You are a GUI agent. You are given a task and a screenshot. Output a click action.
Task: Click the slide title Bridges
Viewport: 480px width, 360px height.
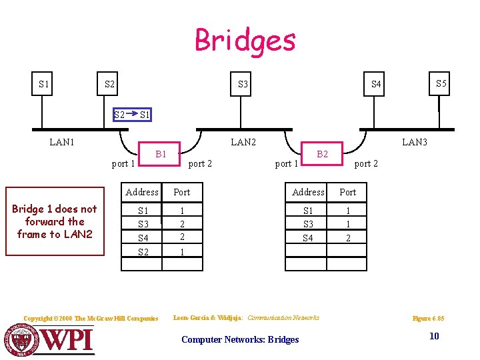[x=245, y=40]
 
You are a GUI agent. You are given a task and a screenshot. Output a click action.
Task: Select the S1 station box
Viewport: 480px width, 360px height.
[x=44, y=84]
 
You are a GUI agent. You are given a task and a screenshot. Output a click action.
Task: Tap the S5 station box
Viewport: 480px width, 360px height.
[x=441, y=84]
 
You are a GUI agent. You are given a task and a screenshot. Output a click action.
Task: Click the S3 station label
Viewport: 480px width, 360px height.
[x=243, y=85]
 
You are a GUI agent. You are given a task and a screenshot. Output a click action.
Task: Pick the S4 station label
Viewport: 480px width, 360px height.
[x=376, y=85]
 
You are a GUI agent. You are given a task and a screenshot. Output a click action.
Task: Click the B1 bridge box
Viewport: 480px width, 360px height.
[x=161, y=155]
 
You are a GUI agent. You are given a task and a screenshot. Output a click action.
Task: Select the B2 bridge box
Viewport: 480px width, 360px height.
[x=323, y=155]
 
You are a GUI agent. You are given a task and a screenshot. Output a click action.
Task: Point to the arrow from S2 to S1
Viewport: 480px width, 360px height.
[x=131, y=115]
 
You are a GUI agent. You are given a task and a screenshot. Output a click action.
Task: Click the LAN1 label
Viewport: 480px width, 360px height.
[x=62, y=142]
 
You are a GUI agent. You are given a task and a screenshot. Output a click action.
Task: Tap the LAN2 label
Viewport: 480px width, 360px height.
[x=243, y=142]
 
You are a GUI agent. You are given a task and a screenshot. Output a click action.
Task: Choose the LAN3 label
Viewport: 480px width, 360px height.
[x=414, y=142]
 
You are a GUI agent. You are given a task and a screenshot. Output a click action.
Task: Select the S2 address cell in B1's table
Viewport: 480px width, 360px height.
[x=142, y=251]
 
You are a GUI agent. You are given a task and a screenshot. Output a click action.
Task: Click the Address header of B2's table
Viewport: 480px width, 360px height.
[x=308, y=192]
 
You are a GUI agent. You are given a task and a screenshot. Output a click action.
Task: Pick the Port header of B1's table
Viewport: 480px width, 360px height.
[x=181, y=192]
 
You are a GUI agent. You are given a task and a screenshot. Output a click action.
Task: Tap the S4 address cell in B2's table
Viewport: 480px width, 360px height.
[x=308, y=237]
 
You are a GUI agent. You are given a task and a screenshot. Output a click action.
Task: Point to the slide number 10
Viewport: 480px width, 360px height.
[x=434, y=336]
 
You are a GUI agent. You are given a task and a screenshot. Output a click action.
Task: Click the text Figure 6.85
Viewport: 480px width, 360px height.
[x=428, y=319]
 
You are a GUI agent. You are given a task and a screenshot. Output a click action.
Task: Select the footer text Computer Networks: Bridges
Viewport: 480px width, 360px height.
[x=240, y=339]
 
